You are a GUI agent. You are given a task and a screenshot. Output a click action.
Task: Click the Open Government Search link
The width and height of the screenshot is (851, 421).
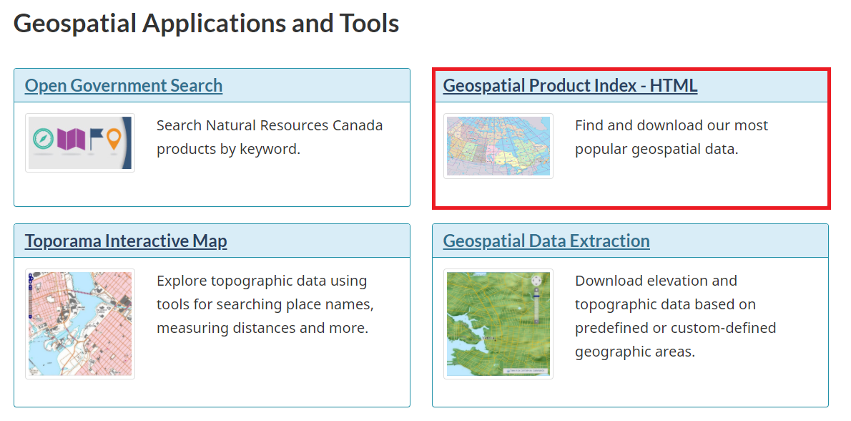click(123, 86)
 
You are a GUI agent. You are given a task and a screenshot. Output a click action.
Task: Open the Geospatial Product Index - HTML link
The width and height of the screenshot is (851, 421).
click(570, 86)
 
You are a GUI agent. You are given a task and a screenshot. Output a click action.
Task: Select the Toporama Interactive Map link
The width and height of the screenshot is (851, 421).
click(126, 241)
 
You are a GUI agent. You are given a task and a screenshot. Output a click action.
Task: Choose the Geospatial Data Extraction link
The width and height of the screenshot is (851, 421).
click(546, 241)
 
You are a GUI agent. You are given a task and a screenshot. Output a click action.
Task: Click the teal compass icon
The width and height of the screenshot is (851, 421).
click(43, 139)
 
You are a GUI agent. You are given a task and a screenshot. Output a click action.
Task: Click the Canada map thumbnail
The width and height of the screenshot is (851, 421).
click(498, 146)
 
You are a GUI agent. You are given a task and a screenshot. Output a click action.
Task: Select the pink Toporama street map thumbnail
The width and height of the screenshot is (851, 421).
click(80, 324)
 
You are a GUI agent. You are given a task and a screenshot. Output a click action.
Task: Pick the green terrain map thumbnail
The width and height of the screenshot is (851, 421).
click(498, 324)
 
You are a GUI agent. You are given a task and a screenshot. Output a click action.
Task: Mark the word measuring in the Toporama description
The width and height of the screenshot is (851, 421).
click(191, 328)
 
